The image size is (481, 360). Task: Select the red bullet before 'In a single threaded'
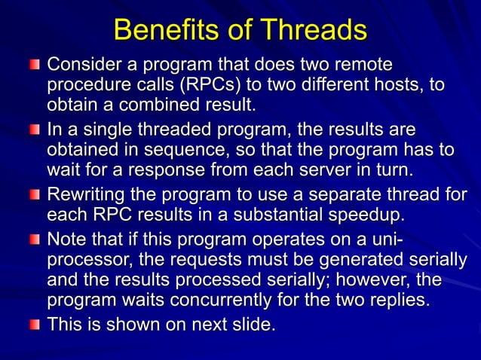pyautogui.click(x=35, y=131)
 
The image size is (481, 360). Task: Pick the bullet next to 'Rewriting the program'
pyautogui.click(x=35, y=197)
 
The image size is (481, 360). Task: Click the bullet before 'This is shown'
pyautogui.click(x=35, y=326)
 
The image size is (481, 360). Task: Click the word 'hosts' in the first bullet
pyautogui.click(x=400, y=84)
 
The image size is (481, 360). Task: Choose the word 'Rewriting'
pyautogui.click(x=91, y=194)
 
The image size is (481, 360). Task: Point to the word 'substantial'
pyautogui.click(x=297, y=215)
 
